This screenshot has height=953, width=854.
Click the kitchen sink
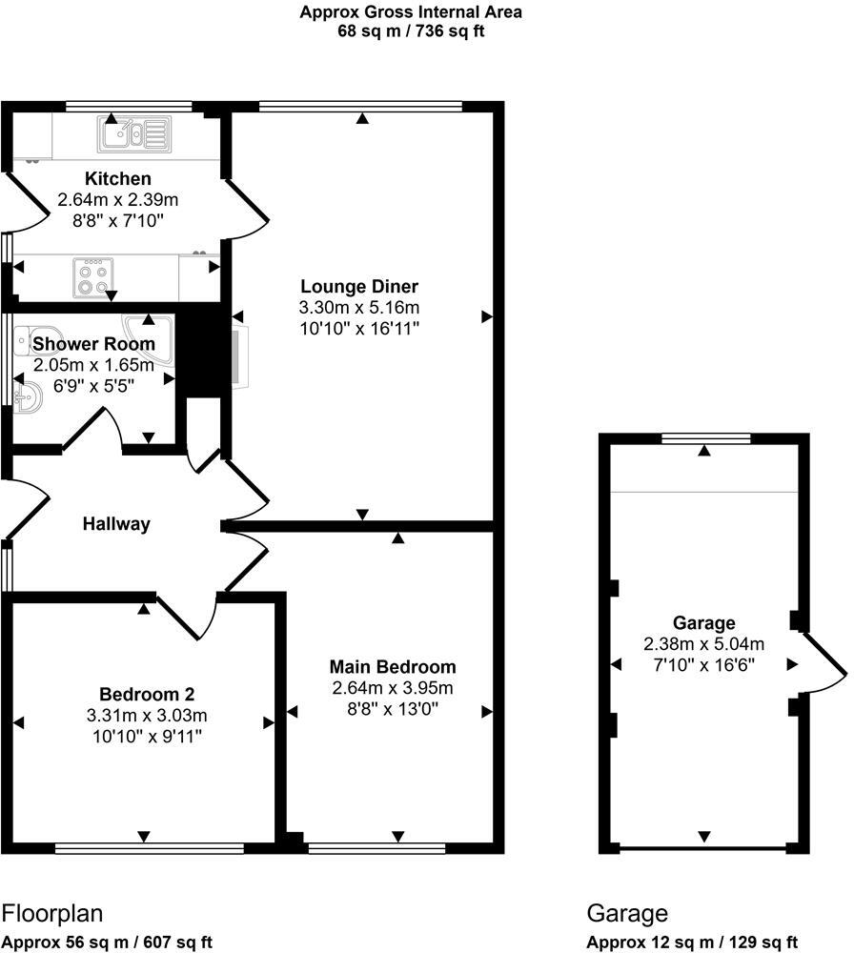(x=133, y=134)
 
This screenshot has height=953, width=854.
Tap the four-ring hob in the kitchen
(x=93, y=277)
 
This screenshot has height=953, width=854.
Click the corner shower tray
(x=158, y=335)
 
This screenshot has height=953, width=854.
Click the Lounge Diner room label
(x=359, y=286)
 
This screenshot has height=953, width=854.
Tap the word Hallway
(x=116, y=523)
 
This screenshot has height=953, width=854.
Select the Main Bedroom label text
(x=393, y=666)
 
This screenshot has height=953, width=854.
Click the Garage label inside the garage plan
(x=703, y=622)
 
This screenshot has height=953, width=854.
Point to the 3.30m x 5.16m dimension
(x=359, y=307)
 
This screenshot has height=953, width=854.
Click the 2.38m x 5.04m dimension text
(x=703, y=643)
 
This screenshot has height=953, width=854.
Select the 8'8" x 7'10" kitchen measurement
(x=112, y=220)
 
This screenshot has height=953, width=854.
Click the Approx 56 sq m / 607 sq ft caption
(x=107, y=942)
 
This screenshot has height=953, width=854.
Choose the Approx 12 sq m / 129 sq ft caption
(x=691, y=942)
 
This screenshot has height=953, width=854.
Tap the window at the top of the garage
(x=705, y=439)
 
